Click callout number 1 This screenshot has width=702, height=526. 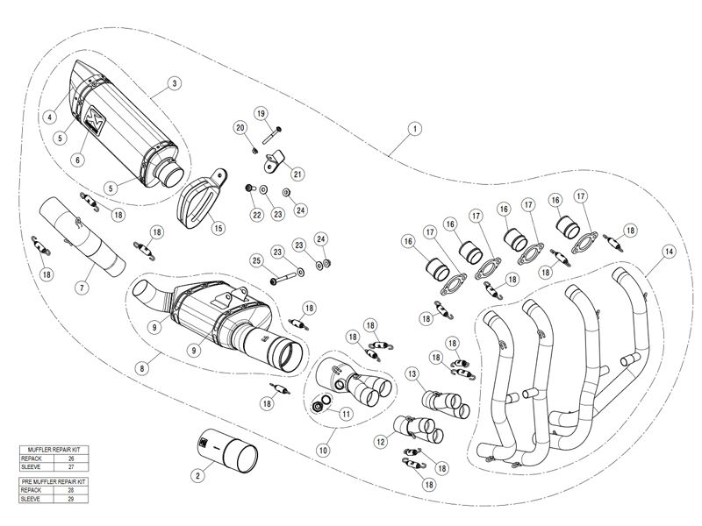pyautogui.click(x=412, y=129)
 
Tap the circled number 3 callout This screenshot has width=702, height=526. pyautogui.click(x=175, y=83)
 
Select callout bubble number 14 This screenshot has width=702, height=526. pyautogui.click(x=670, y=252)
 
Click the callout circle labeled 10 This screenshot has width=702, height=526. pyautogui.click(x=323, y=450)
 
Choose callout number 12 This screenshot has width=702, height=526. pyautogui.click(x=381, y=443)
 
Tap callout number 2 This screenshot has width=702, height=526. pyautogui.click(x=197, y=475)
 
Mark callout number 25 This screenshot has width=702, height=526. pyautogui.click(x=256, y=260)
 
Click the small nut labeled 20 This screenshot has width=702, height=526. pyautogui.click(x=253, y=149)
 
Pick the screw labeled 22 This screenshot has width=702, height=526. pyautogui.click(x=250, y=188)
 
